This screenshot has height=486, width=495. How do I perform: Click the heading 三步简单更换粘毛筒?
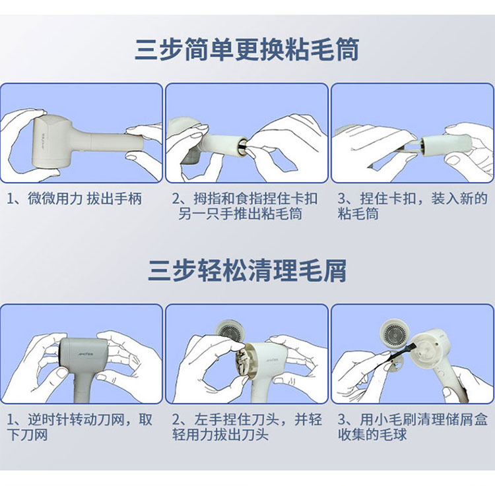(x=247, y=49)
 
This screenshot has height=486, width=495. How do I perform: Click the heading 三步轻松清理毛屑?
(x=247, y=270)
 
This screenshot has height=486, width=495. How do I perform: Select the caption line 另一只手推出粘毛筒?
(x=240, y=214)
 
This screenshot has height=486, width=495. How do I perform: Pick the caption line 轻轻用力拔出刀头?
(x=220, y=435)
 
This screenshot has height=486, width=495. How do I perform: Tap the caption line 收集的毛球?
(x=372, y=435)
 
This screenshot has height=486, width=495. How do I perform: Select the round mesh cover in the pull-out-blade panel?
(x=230, y=332)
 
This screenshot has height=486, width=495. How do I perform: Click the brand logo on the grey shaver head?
(x=85, y=353)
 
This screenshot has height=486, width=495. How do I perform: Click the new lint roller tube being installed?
(x=446, y=146)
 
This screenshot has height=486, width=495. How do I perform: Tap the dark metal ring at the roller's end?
(x=242, y=146)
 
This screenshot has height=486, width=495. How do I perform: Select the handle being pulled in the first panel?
(x=109, y=142)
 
